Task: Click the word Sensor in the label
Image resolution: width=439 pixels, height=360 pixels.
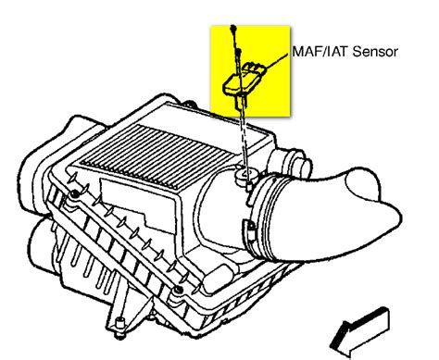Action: pyautogui.click(x=375, y=52)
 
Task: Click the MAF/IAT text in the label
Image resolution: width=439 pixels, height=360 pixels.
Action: pyautogui.click(x=320, y=52)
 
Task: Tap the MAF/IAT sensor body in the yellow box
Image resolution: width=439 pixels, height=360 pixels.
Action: pyautogui.click(x=243, y=81)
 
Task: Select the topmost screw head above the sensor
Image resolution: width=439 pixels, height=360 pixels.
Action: pyautogui.click(x=233, y=28)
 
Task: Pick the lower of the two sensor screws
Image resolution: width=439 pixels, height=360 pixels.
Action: pyautogui.click(x=238, y=52)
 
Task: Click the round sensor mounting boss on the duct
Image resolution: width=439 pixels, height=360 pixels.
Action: pyautogui.click(x=246, y=176)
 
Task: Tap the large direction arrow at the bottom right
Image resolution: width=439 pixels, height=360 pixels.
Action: pyautogui.click(x=359, y=334)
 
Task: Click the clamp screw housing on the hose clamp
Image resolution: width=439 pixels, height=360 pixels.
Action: pyautogui.click(x=250, y=230)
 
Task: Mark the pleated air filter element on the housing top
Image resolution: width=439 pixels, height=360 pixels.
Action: pyautogui.click(x=159, y=155)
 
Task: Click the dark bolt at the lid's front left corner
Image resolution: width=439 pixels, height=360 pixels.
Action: pyautogui.click(x=74, y=194)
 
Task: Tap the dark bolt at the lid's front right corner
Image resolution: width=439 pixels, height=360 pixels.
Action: pyautogui.click(x=178, y=290)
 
